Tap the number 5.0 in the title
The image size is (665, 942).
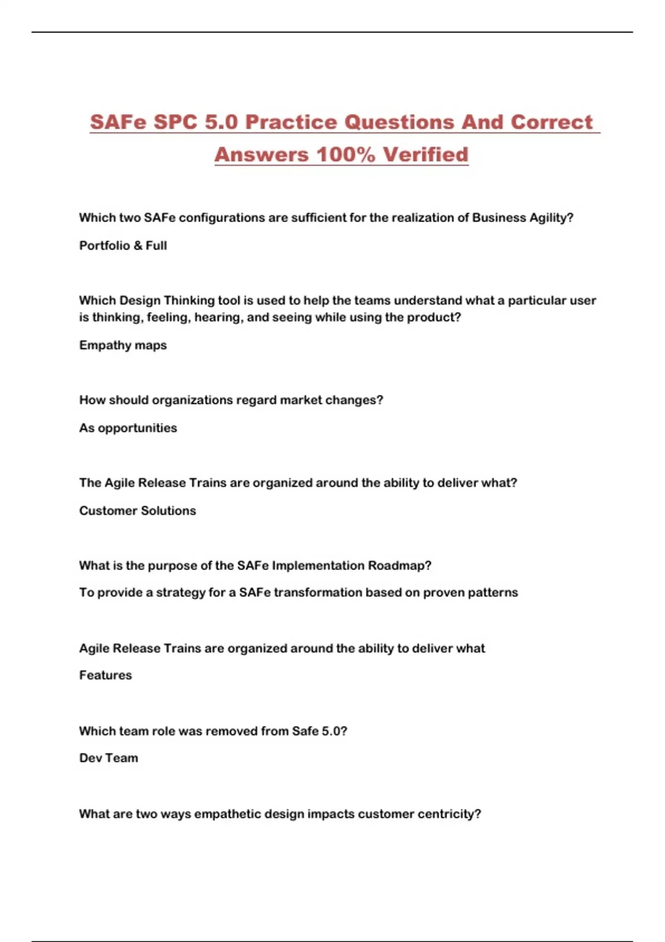pos(221,122)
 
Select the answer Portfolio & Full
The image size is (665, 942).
pos(123,245)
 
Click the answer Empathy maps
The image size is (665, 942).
pos(123,345)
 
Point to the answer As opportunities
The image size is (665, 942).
pos(128,428)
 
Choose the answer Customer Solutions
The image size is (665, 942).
pos(137,510)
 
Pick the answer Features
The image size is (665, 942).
pos(105,675)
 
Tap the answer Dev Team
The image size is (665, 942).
pos(109,757)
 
